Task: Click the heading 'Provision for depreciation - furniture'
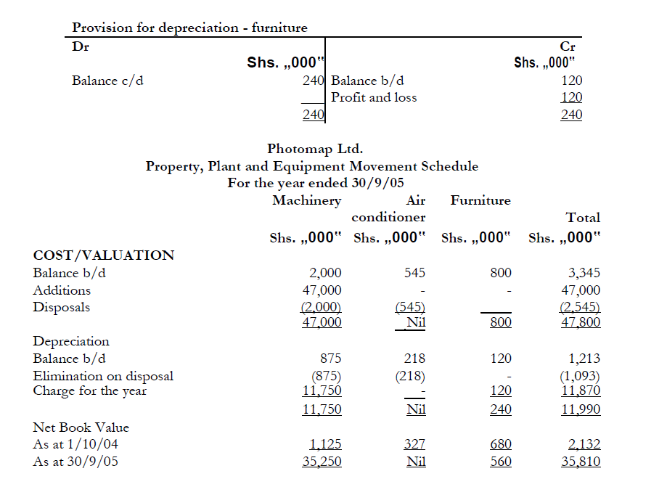(189, 28)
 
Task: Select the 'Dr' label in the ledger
(80, 46)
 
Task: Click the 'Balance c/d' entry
(107, 81)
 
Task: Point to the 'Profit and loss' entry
(374, 97)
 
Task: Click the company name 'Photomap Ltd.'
(315, 149)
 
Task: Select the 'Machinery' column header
(306, 200)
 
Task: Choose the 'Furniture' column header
(480, 200)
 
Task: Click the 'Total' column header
(583, 217)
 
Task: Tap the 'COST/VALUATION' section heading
(104, 255)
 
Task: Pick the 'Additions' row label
(62, 290)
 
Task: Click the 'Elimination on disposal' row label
(103, 376)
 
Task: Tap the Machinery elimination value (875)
(326, 376)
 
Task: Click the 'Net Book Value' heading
(81, 427)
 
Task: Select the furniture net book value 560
(500, 462)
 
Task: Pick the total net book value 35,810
(580, 462)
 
